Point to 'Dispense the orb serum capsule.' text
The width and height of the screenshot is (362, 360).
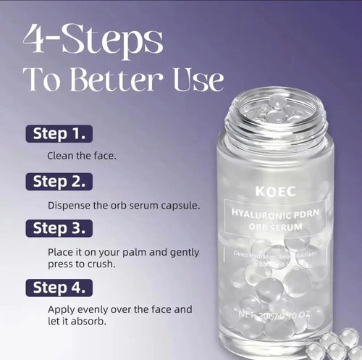(123, 205)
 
